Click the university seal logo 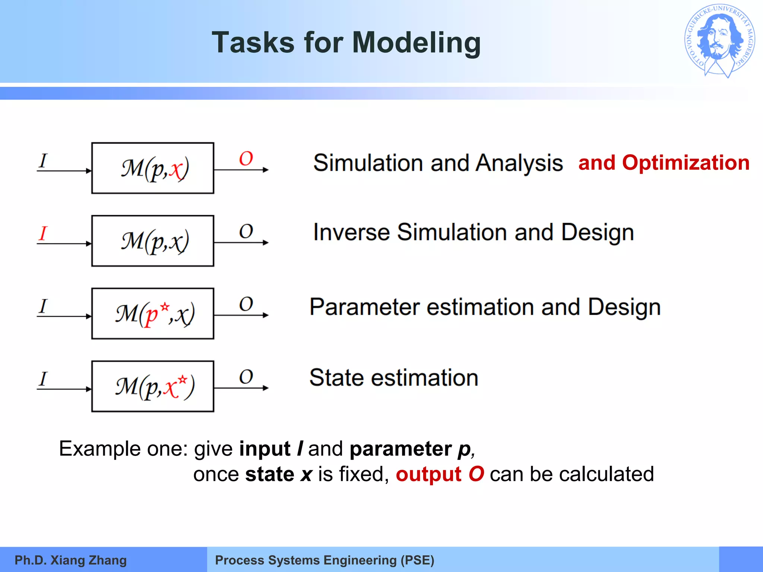[x=719, y=41]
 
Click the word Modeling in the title [x=416, y=43]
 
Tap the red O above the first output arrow [x=246, y=159]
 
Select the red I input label [x=43, y=233]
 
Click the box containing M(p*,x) [x=153, y=314]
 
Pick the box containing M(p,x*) [x=153, y=386]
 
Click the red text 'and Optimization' [x=664, y=163]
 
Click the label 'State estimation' [x=393, y=378]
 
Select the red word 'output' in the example [x=428, y=474]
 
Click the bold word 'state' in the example [x=269, y=474]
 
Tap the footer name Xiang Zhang [x=88, y=560]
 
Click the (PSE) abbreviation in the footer [x=417, y=560]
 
